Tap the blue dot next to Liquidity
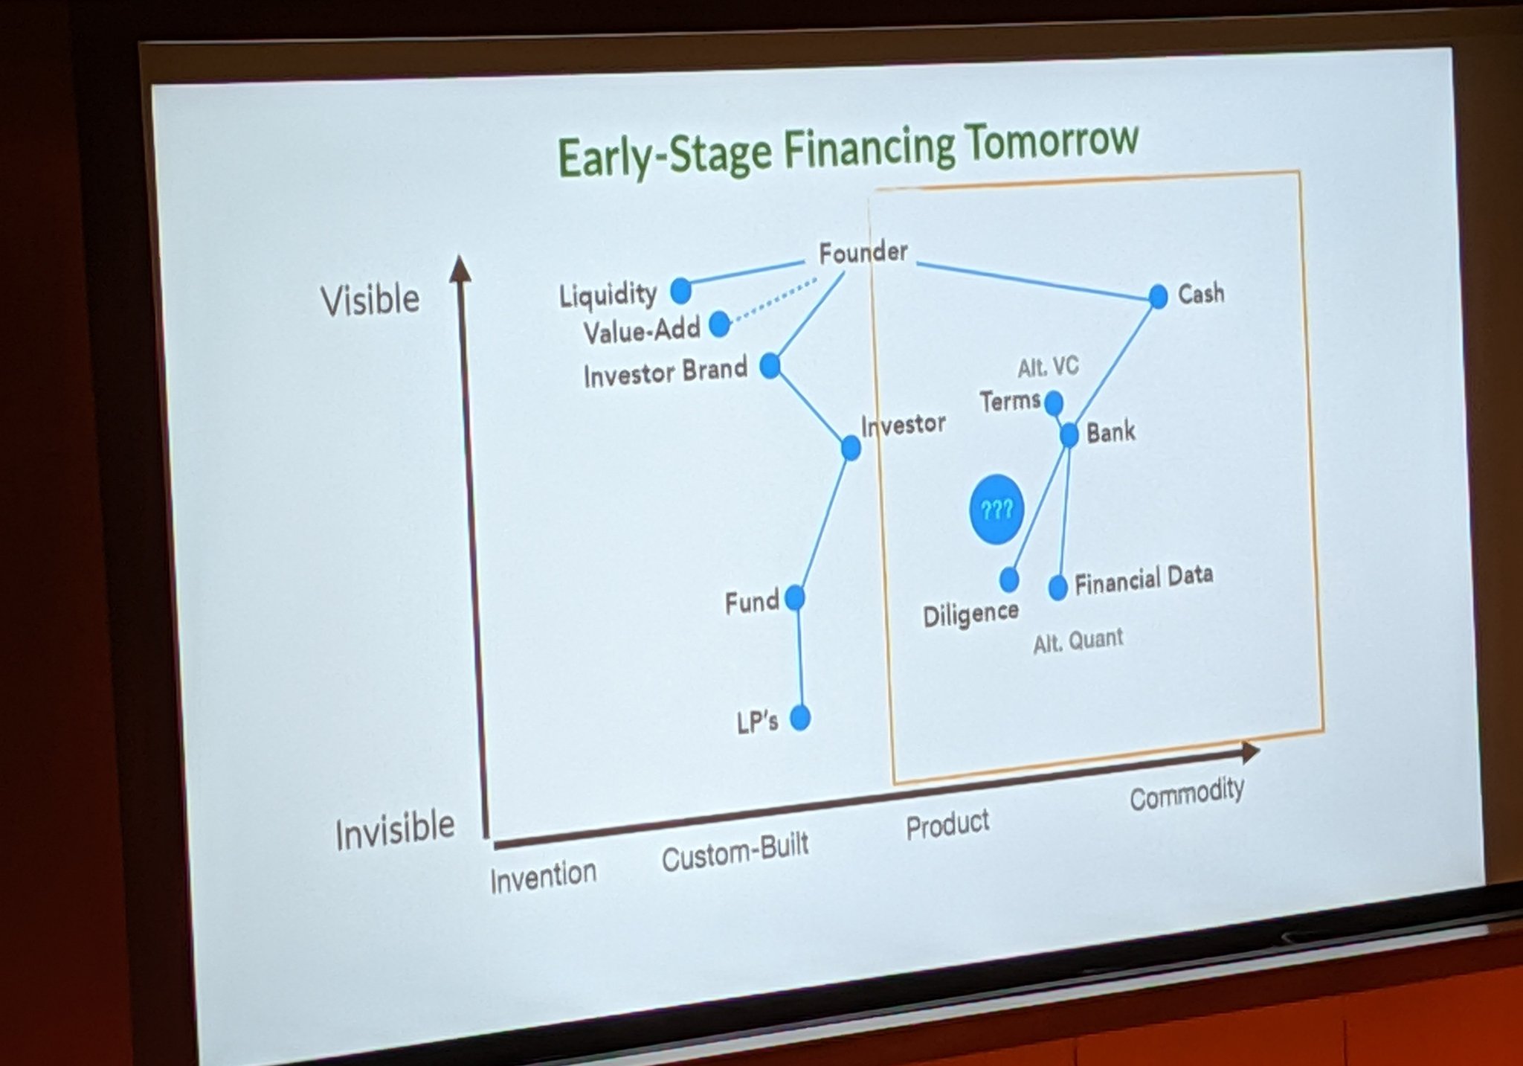680,291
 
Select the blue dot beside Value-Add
719,324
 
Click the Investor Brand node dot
770,365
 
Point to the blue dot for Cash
1158,296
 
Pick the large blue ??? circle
996,510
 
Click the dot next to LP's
799,718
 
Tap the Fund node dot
794,597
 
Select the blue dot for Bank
1069,434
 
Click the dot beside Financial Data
1057,588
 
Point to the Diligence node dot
1009,579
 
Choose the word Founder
863,252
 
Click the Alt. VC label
1048,367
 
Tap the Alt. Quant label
1078,640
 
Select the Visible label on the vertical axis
370,300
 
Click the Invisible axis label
395,830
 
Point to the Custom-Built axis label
735,853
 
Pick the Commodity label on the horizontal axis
1187,792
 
